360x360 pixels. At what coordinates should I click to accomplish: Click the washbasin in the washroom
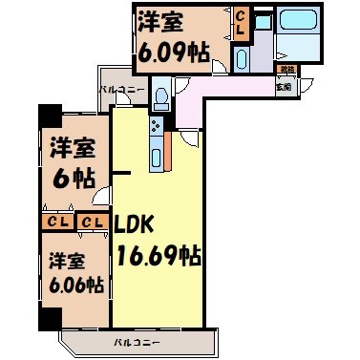click(241, 59)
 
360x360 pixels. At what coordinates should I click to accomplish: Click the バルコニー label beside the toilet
click(121, 90)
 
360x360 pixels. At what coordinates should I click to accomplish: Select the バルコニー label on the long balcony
click(136, 341)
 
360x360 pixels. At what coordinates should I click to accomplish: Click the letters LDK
click(134, 225)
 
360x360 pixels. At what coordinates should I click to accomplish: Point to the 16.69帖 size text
click(158, 255)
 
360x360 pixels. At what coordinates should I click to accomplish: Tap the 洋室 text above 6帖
click(72, 149)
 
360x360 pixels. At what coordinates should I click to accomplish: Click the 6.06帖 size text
click(74, 286)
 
